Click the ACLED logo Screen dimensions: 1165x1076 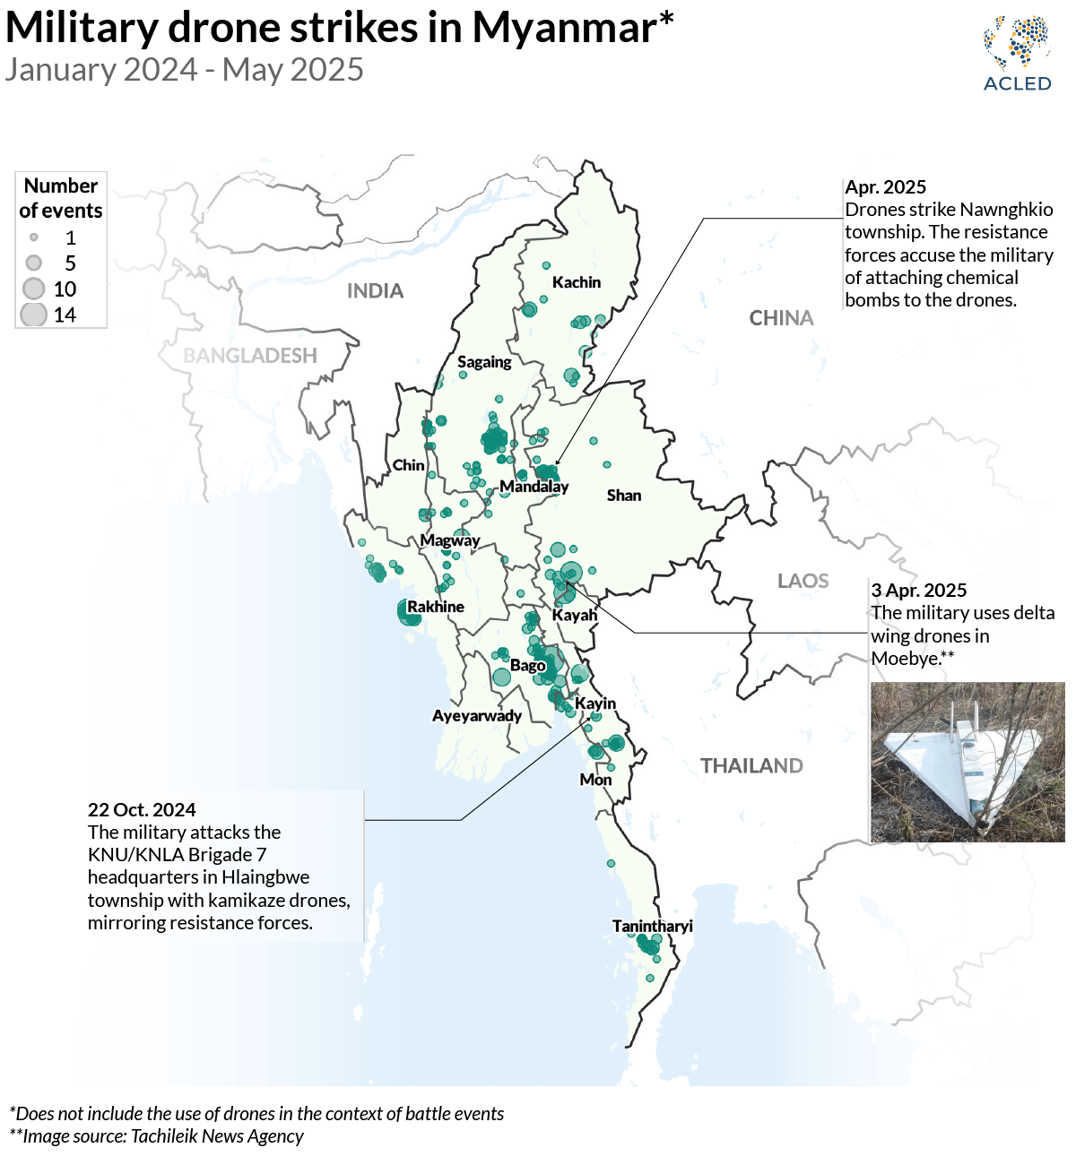pos(1017,53)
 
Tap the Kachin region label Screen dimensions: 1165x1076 pos(576,282)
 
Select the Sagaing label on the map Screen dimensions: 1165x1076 pos(484,362)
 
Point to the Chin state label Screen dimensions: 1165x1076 pos(408,465)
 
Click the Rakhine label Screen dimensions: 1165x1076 pos(436,607)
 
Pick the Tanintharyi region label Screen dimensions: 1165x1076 pos(652,926)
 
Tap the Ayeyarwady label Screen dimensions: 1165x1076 pos(476,715)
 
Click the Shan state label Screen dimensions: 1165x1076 pos(624,496)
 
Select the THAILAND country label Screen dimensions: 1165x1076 pos(751,765)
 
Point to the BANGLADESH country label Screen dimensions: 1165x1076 pos(250,356)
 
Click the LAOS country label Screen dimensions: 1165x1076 pos(803,581)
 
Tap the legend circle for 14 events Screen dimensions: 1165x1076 pos(34,315)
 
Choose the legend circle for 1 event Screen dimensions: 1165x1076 pos(34,237)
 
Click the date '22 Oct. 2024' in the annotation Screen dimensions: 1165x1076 pos(142,810)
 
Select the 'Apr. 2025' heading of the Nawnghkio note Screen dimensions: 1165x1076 pos(885,187)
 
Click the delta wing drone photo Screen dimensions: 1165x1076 pos(968,762)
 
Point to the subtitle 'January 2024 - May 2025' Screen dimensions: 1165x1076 pos(184,70)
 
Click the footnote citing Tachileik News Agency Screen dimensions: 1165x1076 pos(157,1136)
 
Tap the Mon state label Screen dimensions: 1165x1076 pos(595,780)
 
